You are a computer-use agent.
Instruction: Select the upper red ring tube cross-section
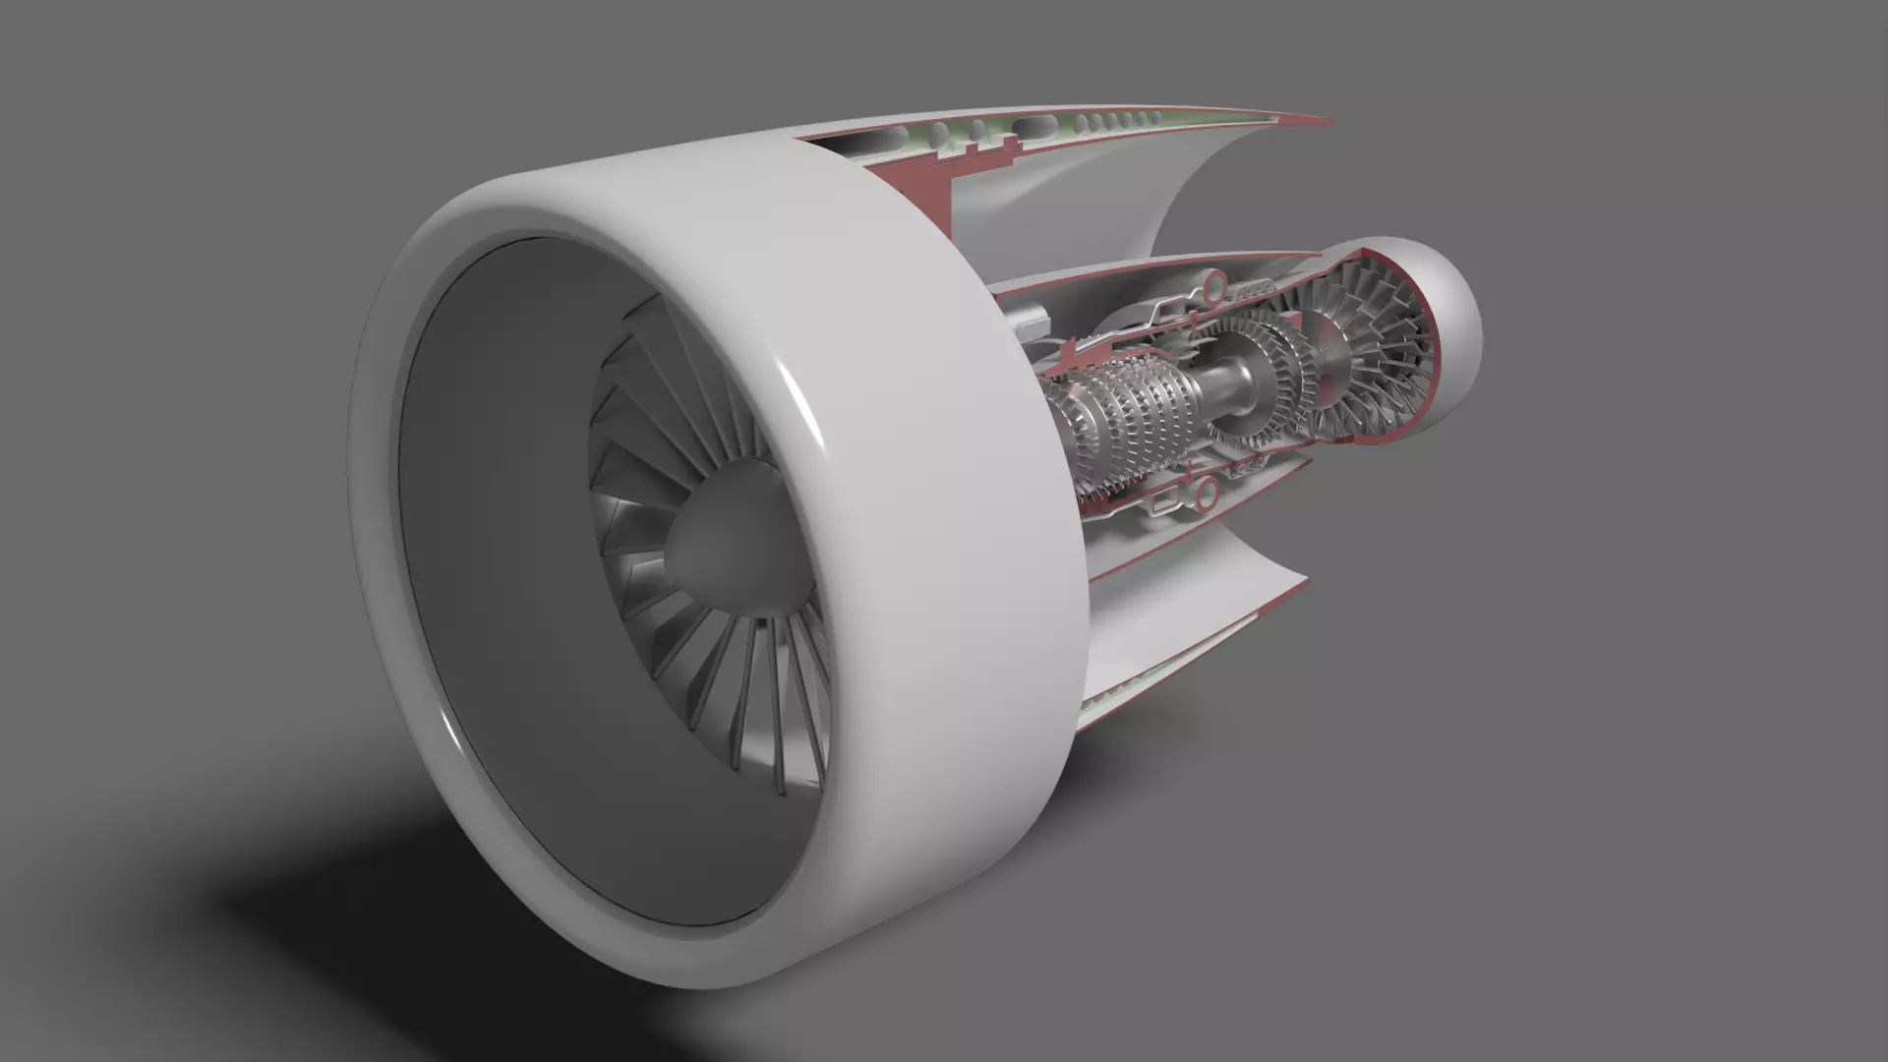(1215, 286)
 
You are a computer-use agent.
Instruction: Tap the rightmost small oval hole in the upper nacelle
(1156, 118)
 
